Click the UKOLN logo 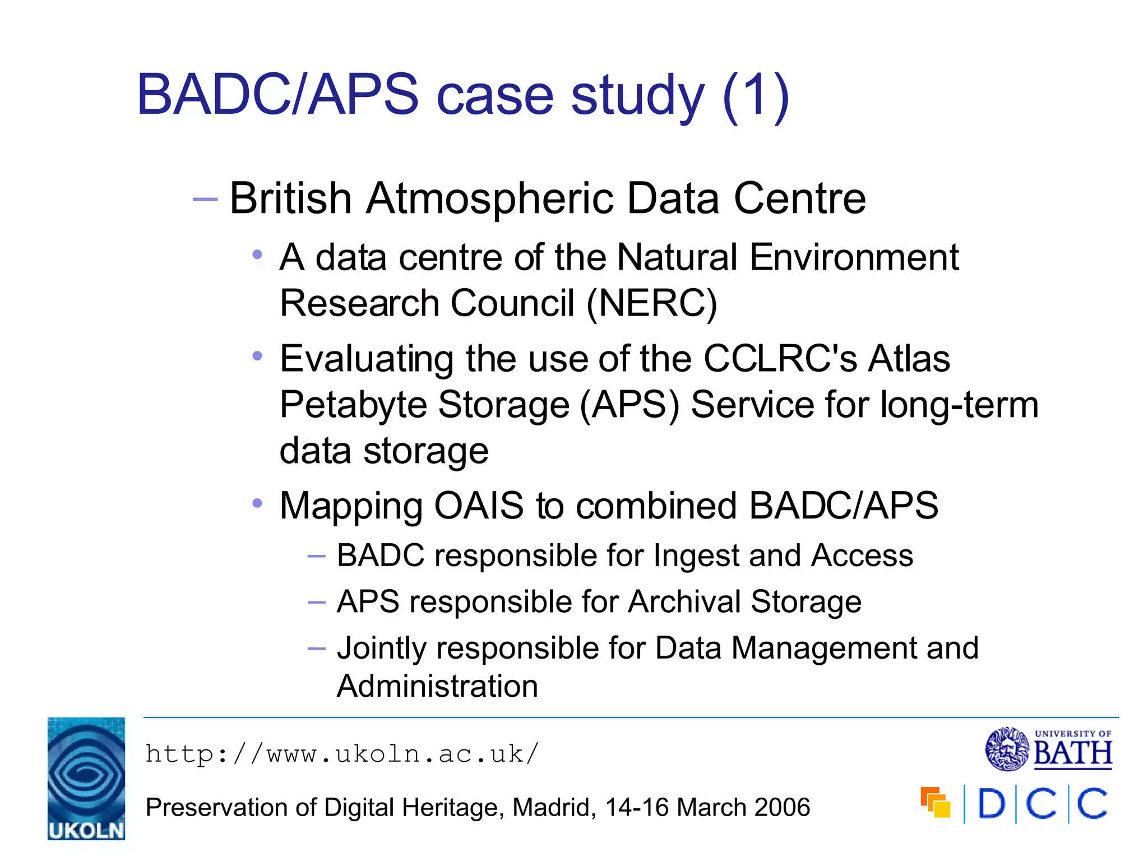[x=86, y=778]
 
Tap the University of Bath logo [x=1048, y=749]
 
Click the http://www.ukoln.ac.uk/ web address [x=342, y=754]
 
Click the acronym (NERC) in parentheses [x=651, y=304]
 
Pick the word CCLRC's [x=780, y=359]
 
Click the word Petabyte [x=353, y=405]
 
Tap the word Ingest [x=696, y=557]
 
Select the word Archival [x=684, y=602]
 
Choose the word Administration [x=437, y=687]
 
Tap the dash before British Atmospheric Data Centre [x=205, y=200]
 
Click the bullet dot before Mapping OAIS [x=257, y=503]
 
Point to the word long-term [x=959, y=405]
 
